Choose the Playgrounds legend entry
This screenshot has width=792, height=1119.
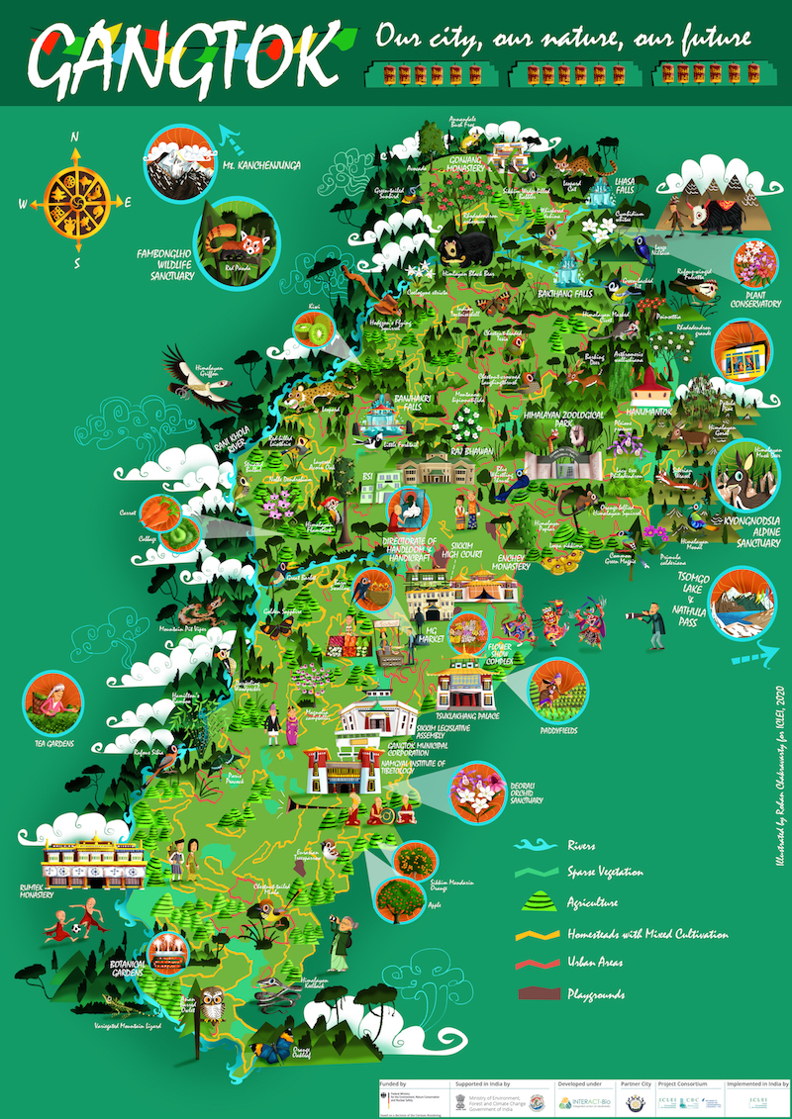[x=595, y=993]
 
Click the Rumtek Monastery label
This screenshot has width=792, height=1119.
[x=36, y=893]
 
